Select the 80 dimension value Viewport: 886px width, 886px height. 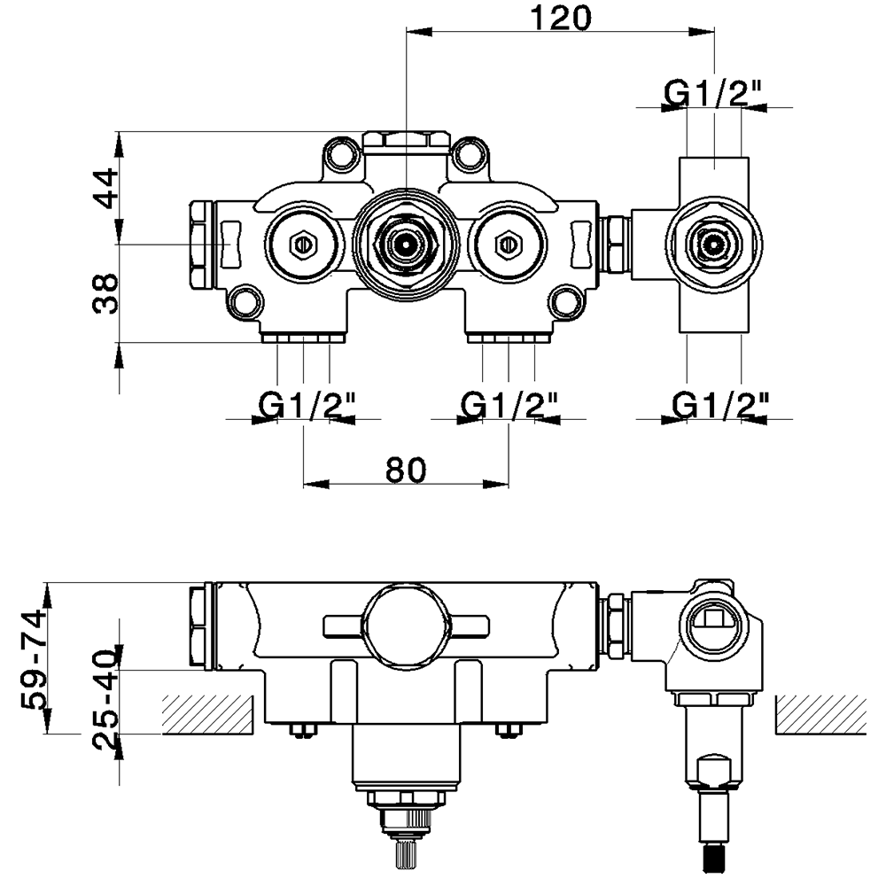406,470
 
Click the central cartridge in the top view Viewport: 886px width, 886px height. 405,241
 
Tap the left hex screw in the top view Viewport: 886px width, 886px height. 302,241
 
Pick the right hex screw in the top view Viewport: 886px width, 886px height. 508,241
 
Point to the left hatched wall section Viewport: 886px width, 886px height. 208,715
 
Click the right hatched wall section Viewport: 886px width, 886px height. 820,715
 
